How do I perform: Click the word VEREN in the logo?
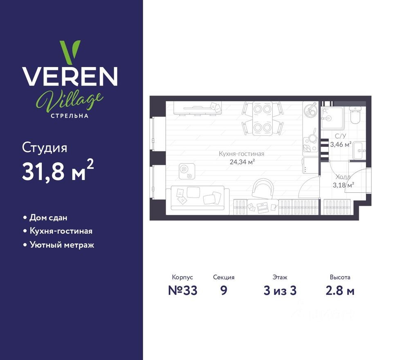pos(70,76)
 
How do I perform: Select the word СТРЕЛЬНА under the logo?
pos(70,115)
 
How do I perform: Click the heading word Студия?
pos(45,148)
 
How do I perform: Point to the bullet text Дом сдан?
pos(48,218)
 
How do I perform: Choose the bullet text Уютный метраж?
pos(61,245)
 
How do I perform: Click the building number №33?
pos(183,290)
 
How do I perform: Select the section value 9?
pos(223,290)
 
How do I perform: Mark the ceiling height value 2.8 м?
pos(340,290)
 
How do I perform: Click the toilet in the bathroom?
pos(354,116)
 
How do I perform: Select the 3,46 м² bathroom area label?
pos(341,144)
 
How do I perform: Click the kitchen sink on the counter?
pos(310,109)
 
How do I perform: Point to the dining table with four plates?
pos(262,118)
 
